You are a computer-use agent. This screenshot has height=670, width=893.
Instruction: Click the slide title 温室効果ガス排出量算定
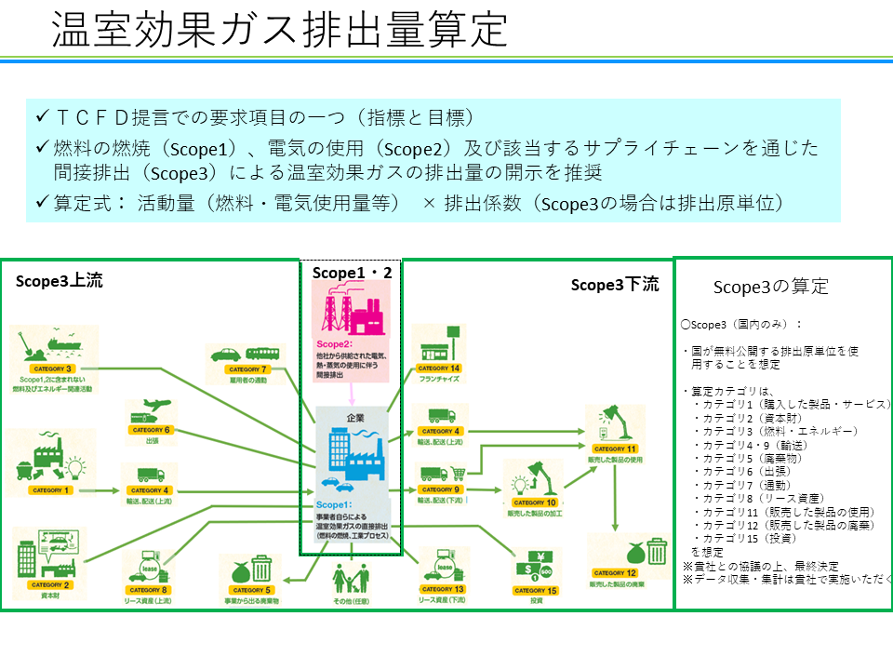279,30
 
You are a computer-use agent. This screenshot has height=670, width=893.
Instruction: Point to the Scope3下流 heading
615,285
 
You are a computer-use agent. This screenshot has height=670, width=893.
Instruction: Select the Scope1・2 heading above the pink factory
351,272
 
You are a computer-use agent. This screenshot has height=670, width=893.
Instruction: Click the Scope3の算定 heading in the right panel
770,287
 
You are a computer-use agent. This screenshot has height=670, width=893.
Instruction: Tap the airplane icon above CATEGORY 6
159,406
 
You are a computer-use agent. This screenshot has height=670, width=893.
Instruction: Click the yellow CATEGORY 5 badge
249,590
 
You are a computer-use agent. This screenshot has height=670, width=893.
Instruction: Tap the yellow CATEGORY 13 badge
442,590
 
